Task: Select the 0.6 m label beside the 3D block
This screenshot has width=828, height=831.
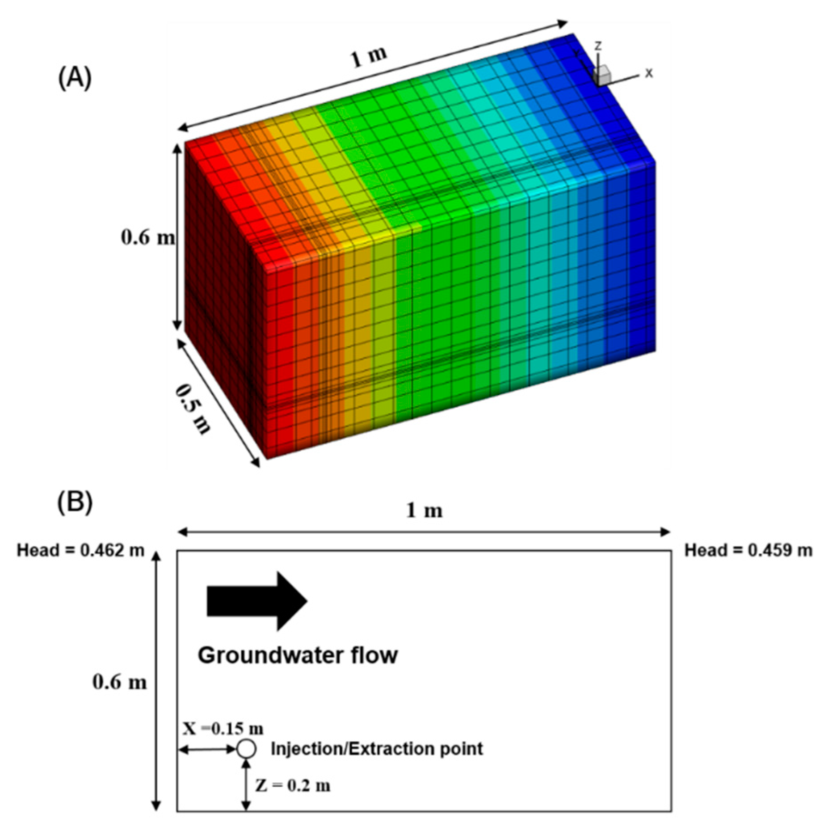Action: (148, 237)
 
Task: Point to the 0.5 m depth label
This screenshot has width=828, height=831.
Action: (192, 409)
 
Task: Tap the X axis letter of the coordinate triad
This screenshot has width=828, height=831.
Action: (649, 73)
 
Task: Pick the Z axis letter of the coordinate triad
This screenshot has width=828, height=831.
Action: (597, 46)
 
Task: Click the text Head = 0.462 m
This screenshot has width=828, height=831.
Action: (80, 550)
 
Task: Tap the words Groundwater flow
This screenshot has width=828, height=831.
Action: (298, 655)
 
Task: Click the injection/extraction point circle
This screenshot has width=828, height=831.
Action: (246, 748)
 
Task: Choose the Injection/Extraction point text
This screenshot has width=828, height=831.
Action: (377, 748)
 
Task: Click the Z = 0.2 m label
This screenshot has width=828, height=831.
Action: (293, 785)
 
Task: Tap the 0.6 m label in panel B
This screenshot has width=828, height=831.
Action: (119, 682)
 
